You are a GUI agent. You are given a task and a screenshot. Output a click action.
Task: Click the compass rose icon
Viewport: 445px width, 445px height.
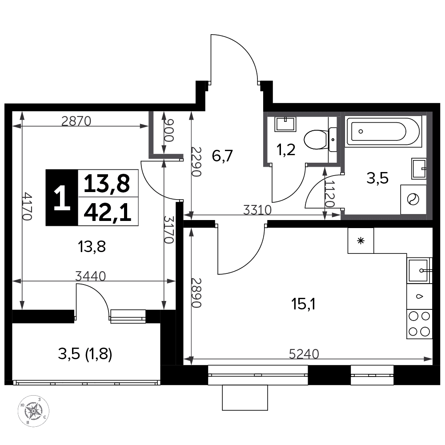(x=33, y=411)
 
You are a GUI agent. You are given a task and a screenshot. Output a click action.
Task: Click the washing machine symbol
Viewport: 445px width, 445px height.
(x=413, y=199)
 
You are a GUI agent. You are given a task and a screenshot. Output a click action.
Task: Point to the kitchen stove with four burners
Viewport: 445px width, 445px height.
(x=419, y=324)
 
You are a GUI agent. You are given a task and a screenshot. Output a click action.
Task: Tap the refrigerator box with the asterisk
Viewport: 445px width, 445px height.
(x=361, y=241)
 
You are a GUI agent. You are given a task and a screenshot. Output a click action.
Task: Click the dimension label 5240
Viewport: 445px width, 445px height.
(x=304, y=354)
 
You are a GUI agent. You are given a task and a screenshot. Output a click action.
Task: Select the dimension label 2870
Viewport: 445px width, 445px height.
(x=76, y=121)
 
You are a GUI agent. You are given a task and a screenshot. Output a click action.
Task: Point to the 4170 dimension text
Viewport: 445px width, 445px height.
(x=28, y=206)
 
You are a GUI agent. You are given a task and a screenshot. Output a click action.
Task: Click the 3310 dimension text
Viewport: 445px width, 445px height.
(x=257, y=210)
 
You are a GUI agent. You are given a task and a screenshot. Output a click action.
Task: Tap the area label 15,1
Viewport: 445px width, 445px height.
(x=303, y=305)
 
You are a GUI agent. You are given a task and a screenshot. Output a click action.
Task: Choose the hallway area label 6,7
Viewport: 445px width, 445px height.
(x=222, y=156)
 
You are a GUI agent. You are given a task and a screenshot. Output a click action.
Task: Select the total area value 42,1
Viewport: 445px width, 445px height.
(x=108, y=212)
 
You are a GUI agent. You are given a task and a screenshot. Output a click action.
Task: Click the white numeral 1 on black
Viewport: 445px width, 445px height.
(x=62, y=198)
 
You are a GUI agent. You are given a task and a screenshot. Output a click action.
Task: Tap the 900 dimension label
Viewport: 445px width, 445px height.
(x=168, y=131)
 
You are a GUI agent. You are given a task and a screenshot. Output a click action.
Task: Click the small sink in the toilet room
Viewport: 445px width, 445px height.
(x=285, y=124)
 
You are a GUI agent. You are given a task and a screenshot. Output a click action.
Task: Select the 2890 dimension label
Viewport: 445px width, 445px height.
(x=196, y=293)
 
